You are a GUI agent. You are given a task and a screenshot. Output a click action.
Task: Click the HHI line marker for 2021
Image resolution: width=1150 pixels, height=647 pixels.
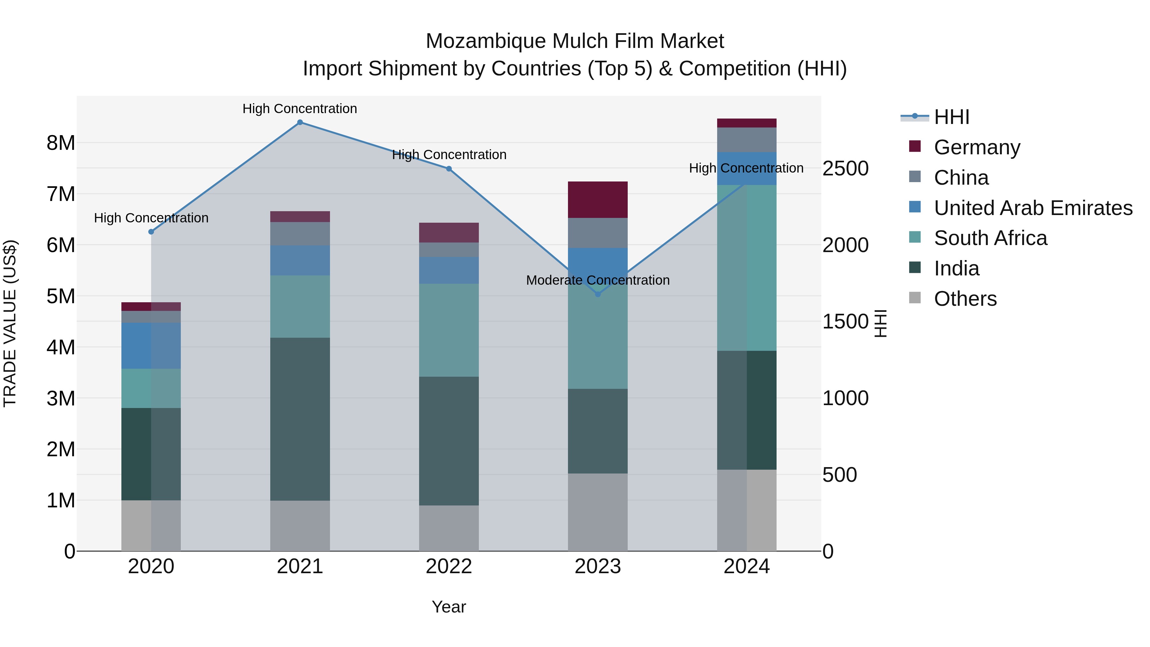(x=300, y=122)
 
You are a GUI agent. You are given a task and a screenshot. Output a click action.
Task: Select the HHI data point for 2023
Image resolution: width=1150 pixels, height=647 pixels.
(x=598, y=294)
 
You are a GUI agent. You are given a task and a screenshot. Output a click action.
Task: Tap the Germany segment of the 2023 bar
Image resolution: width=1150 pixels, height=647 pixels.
(x=598, y=200)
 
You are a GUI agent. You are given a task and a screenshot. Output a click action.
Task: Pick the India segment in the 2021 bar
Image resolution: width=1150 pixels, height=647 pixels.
(x=300, y=419)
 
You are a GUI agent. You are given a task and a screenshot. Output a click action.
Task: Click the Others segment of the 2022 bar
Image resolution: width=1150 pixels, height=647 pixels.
(x=449, y=528)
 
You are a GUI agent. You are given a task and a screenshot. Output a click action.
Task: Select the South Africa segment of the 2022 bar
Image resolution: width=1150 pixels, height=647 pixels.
(x=449, y=330)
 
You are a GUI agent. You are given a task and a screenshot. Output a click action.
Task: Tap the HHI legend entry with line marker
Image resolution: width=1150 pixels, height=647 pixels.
(x=951, y=117)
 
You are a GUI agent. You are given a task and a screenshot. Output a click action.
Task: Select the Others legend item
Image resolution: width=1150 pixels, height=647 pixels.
(x=965, y=299)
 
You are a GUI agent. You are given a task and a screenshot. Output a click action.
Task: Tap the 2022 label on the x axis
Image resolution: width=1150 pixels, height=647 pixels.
(x=449, y=566)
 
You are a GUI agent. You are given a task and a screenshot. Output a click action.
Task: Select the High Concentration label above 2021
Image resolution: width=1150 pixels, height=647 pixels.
(x=300, y=109)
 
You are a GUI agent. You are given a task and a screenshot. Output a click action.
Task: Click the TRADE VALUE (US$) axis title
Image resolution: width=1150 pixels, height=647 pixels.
(x=10, y=323)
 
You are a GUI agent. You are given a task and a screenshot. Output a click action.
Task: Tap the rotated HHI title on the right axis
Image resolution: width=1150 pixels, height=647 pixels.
(x=880, y=323)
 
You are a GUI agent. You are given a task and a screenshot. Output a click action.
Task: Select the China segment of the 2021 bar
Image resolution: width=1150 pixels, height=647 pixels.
(x=300, y=234)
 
